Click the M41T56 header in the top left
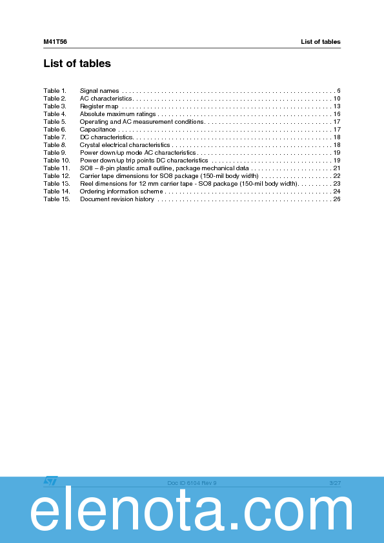(x=55, y=42)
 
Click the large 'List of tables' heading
(x=77, y=63)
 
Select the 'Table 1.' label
(x=55, y=91)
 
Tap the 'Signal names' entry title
(x=99, y=91)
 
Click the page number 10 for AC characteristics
(x=337, y=99)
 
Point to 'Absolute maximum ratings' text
(x=117, y=114)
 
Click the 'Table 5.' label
(x=55, y=122)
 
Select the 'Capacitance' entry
(x=97, y=130)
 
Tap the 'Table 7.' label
(x=55, y=137)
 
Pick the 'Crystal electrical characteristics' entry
(x=125, y=145)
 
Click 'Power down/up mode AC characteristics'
(x=137, y=153)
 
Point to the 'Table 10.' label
(x=56, y=161)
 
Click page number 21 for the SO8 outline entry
(x=337, y=168)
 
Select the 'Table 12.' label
(x=56, y=176)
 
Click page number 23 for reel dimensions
(x=337, y=184)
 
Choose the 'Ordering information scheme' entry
(x=121, y=192)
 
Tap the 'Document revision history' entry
(x=117, y=199)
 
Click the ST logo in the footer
(x=50, y=481)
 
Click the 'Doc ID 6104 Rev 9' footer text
(x=192, y=483)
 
